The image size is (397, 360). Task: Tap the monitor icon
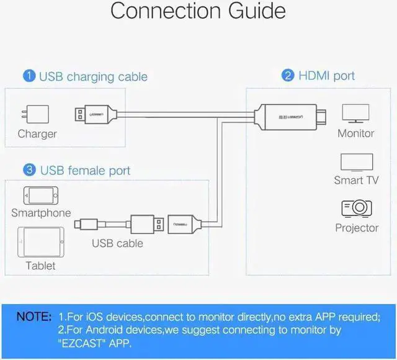point(355,113)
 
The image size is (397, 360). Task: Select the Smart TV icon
point(357,163)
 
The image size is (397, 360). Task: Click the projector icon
point(357,209)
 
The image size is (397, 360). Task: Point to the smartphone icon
point(41,196)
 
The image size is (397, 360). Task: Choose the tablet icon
point(41,242)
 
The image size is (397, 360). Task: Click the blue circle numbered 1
point(29,76)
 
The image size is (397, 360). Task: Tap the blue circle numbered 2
point(288,75)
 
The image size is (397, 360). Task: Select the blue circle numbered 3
point(29,169)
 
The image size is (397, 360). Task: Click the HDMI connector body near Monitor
point(290,117)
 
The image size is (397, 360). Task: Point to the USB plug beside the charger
point(96,114)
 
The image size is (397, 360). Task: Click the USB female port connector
point(185,224)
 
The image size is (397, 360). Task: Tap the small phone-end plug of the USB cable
point(86,225)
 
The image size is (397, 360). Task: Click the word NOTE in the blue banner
point(34,317)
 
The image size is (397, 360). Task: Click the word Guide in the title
point(257,11)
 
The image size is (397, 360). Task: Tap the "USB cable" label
point(117,243)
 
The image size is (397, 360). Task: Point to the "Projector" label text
point(357,228)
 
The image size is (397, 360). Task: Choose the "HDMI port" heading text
point(327,76)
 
